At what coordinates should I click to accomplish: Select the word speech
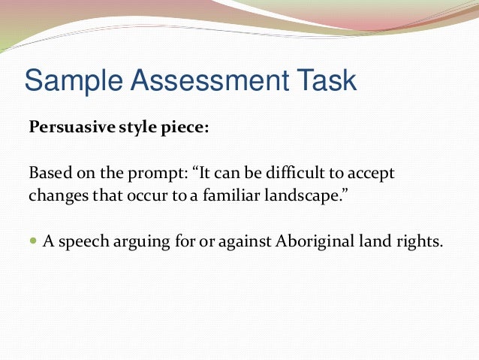(x=80, y=242)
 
